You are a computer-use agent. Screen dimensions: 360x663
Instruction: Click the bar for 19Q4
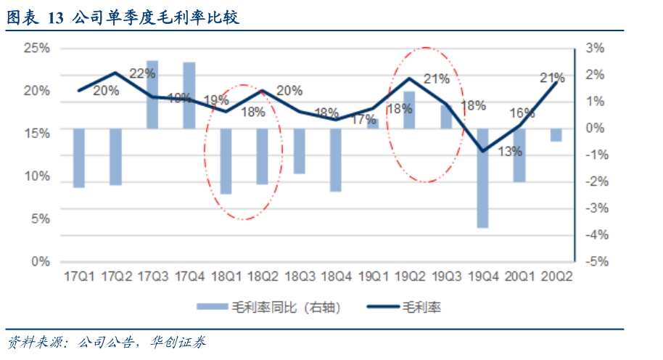click(482, 178)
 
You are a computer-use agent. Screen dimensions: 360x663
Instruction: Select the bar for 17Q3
click(152, 95)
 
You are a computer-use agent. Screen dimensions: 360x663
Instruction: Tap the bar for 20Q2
click(556, 135)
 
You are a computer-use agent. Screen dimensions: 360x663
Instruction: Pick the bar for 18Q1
click(226, 161)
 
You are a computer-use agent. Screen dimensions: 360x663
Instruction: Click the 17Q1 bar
click(79, 157)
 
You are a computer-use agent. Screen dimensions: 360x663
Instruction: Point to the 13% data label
click(510, 151)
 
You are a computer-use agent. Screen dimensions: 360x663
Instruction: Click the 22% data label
click(142, 73)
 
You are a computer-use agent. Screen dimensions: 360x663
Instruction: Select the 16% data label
click(522, 112)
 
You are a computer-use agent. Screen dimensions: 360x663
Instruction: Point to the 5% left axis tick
click(40, 218)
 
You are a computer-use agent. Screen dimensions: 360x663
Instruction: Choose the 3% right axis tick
click(596, 48)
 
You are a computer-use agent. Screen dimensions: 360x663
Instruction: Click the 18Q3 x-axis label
click(300, 277)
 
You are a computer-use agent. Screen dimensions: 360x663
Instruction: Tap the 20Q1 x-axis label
click(519, 277)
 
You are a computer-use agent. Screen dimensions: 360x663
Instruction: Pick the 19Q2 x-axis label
click(409, 277)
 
